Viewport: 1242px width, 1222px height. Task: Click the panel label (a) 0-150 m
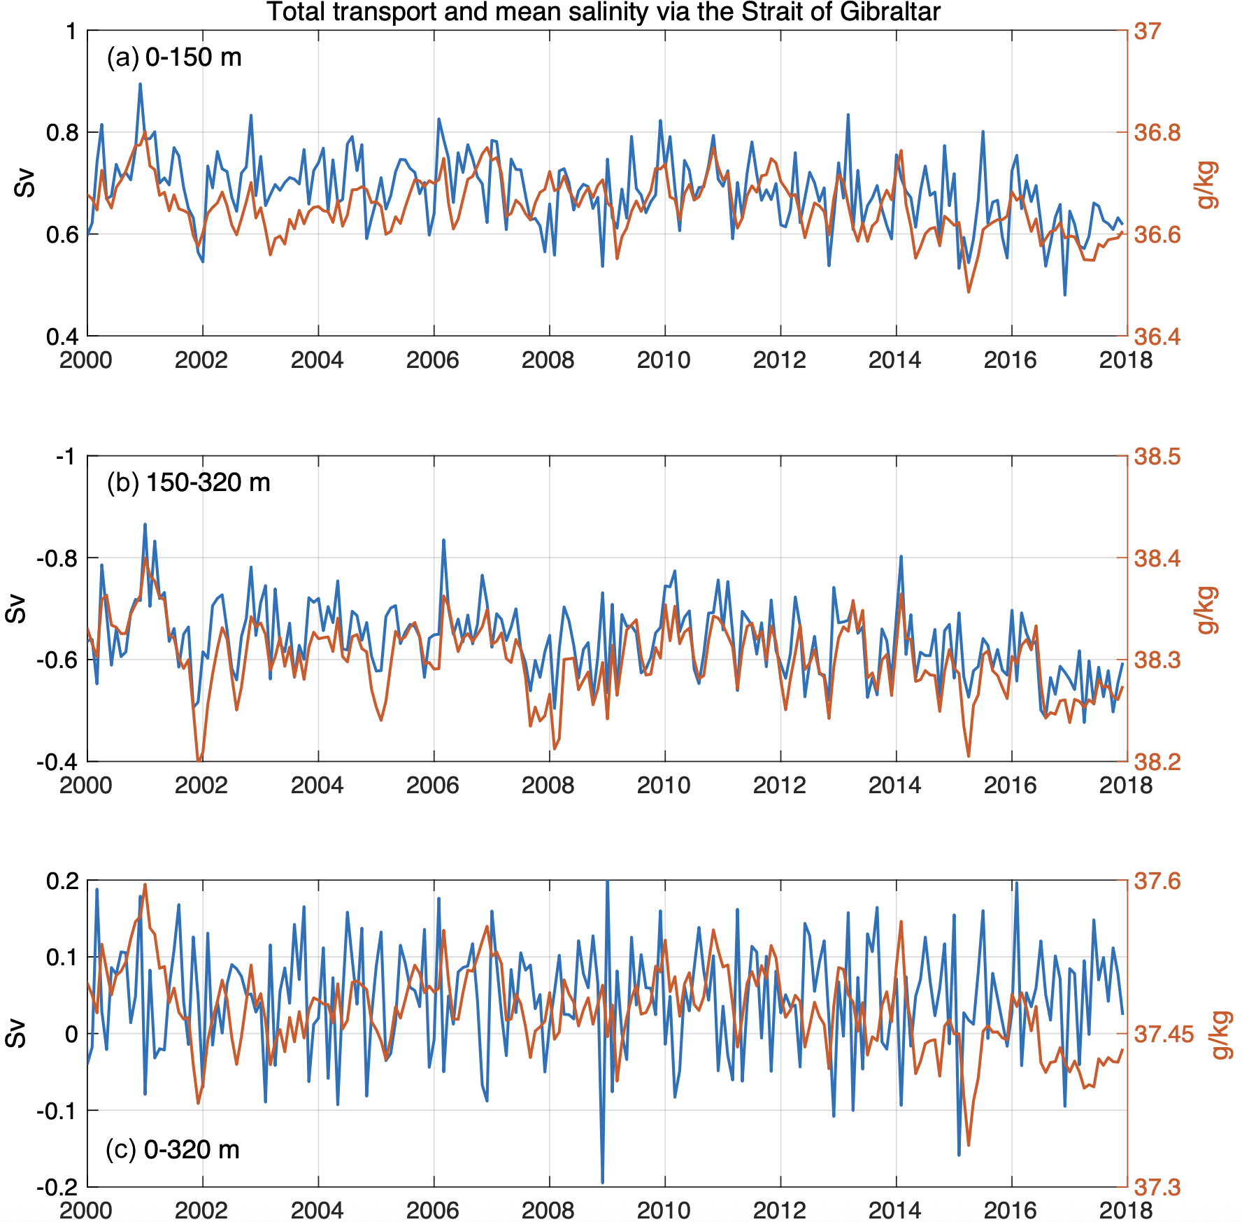click(x=174, y=57)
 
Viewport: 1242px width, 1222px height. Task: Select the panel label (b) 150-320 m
click(x=188, y=483)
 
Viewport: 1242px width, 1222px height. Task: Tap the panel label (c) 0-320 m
click(x=172, y=1149)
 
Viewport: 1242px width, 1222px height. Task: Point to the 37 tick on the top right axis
click(x=1147, y=31)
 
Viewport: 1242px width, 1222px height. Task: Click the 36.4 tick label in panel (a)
click(x=1157, y=336)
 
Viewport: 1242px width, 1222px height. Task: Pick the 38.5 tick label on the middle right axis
click(x=1157, y=457)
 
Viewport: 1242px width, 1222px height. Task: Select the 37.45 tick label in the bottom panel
click(x=1162, y=1034)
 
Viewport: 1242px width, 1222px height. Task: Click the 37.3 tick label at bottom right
click(x=1157, y=1187)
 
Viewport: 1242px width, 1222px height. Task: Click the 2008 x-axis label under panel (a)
click(x=548, y=360)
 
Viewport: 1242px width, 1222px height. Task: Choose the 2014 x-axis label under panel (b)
click(x=895, y=786)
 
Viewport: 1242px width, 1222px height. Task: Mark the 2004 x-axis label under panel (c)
click(x=317, y=1211)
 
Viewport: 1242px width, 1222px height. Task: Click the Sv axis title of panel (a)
click(x=25, y=183)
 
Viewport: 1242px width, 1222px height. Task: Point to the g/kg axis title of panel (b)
click(x=1207, y=610)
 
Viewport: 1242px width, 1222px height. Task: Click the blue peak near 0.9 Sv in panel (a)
click(x=140, y=84)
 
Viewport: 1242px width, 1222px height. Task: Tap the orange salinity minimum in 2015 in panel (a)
click(x=969, y=292)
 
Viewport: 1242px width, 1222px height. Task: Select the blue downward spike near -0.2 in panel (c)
click(x=602, y=1182)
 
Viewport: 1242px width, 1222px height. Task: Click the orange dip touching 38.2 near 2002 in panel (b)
click(x=199, y=760)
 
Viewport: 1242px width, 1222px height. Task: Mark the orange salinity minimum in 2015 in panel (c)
click(x=969, y=1145)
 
